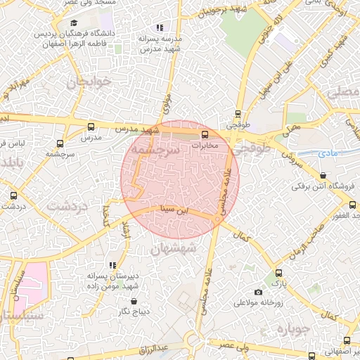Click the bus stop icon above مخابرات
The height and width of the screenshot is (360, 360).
[x=205, y=134]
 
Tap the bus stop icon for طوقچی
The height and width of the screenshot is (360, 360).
[x=238, y=114]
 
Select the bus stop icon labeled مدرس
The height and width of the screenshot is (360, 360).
[x=90, y=127]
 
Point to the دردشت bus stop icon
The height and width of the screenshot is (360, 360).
[x=13, y=196]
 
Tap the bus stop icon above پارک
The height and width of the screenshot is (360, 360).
[x=279, y=273]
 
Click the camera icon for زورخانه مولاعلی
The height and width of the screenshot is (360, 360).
[x=258, y=292]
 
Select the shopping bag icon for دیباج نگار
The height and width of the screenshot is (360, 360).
[x=134, y=302]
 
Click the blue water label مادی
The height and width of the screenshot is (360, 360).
[x=310, y=151]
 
